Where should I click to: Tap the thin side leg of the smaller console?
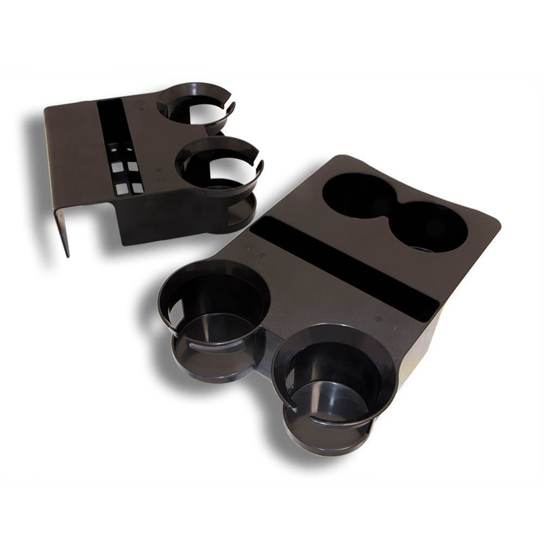[x=63, y=228]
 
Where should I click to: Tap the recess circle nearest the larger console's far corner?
[x=435, y=228]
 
